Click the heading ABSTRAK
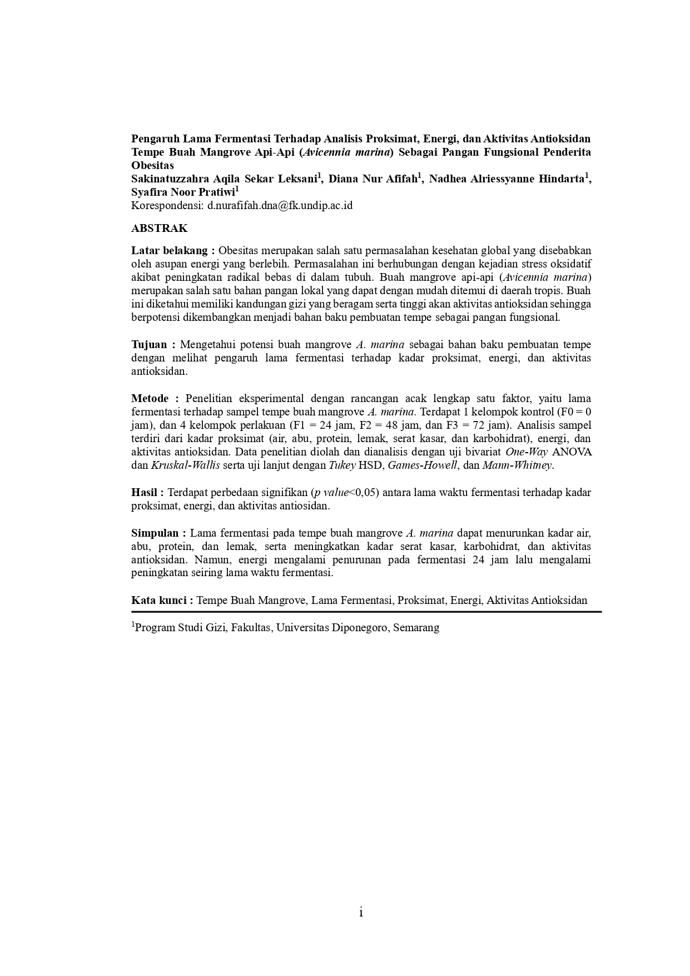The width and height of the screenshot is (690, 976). tap(159, 229)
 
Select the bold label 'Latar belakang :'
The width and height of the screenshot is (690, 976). tap(173, 250)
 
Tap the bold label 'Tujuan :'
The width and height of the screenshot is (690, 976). tap(153, 344)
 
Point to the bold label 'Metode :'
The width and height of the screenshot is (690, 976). tap(155, 398)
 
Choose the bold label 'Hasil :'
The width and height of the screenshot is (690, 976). tap(147, 492)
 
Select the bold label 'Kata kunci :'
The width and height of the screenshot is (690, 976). tap(162, 600)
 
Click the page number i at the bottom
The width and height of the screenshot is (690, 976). tap(361, 912)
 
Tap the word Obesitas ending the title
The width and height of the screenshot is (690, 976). tap(152, 165)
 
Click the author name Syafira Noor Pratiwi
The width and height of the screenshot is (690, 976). tap(183, 192)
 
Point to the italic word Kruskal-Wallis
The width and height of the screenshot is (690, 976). tap(185, 465)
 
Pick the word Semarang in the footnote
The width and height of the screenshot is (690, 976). tap(416, 628)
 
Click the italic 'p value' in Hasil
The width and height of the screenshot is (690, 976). tap(331, 492)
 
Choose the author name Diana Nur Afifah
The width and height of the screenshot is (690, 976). tap(373, 179)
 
